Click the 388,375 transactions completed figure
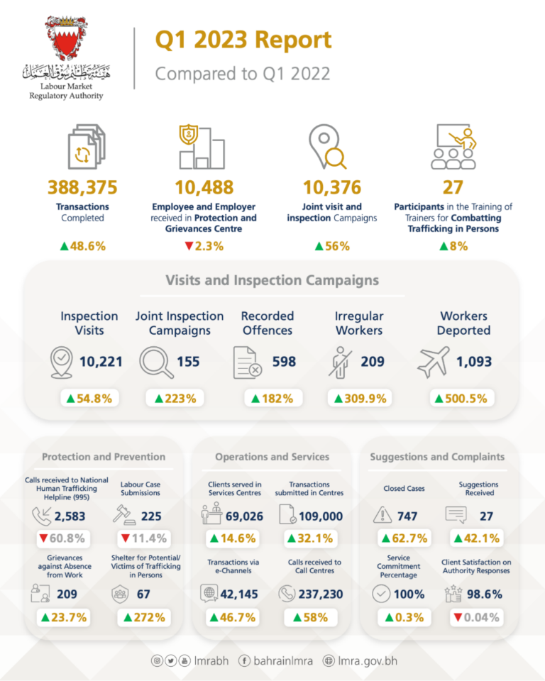point(82,188)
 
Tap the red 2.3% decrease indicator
point(204,246)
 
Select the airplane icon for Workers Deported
point(434,362)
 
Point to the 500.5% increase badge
point(463,398)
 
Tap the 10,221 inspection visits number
point(101,362)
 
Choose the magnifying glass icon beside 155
point(155,362)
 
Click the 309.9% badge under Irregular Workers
point(360,398)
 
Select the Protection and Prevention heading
point(104,457)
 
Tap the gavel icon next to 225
point(125,516)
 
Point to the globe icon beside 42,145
point(209,594)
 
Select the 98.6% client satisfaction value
point(485,594)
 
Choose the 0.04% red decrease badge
point(476,617)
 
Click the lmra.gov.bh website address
point(368,661)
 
